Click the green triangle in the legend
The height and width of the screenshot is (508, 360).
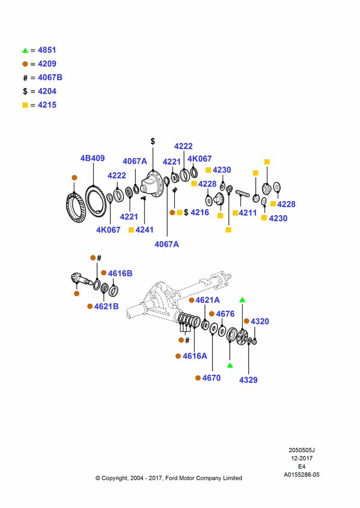coord(25,50)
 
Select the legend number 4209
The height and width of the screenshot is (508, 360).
coord(47,64)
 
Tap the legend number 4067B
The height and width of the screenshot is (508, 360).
coord(50,77)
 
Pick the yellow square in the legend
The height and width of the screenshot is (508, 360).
coord(25,105)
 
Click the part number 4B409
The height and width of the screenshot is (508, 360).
coord(93,158)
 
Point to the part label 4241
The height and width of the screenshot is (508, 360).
coord(144,230)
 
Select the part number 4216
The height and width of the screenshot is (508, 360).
coord(200,212)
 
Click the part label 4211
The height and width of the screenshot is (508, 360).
coord(248,213)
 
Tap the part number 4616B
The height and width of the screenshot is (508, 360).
coord(120,273)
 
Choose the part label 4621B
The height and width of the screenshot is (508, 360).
coord(106,306)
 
